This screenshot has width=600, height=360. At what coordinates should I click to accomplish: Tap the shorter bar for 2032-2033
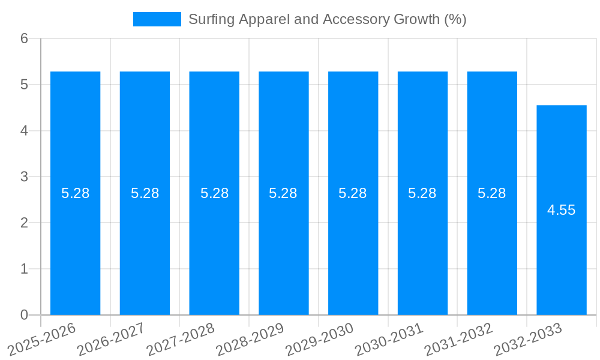(x=562, y=258)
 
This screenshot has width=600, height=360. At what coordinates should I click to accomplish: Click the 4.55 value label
(x=562, y=210)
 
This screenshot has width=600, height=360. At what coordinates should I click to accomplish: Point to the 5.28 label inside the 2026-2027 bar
(x=145, y=193)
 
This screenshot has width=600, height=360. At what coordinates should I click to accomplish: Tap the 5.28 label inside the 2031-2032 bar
(x=492, y=193)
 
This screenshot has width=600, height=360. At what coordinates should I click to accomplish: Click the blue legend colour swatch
(x=157, y=19)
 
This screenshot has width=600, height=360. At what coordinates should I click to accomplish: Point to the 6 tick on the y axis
(x=24, y=39)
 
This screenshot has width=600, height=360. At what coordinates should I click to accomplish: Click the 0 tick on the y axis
(x=24, y=315)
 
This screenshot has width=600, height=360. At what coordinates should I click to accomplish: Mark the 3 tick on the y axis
(x=24, y=177)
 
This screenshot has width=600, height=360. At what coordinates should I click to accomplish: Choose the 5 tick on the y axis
(x=24, y=85)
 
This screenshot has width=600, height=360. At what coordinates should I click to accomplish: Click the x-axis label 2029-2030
(x=320, y=339)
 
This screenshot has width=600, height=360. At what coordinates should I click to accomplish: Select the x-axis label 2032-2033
(x=528, y=339)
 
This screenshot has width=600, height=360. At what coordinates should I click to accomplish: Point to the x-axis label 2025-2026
(x=42, y=339)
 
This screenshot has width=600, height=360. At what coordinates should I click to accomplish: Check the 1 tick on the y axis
(x=24, y=269)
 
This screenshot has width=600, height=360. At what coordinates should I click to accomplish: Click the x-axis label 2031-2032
(x=459, y=339)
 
